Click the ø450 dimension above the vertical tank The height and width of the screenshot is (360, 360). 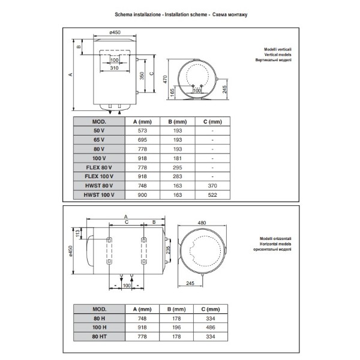(x=115, y=32)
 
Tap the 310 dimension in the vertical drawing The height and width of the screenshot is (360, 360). (x=114, y=68)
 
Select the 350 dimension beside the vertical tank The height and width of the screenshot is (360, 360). (x=142, y=76)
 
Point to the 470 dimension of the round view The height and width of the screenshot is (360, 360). (x=165, y=79)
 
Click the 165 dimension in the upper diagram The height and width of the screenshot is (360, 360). (x=172, y=92)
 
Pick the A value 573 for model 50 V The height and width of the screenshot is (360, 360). (x=142, y=131)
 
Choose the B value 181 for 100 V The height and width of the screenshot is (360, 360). (x=178, y=158)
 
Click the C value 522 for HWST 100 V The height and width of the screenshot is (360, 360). (x=212, y=195)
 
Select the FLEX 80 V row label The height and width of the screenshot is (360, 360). (x=99, y=167)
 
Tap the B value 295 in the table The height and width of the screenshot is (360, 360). (x=178, y=167)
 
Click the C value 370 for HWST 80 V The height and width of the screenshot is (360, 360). (x=212, y=186)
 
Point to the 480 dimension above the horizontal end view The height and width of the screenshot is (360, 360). (x=202, y=223)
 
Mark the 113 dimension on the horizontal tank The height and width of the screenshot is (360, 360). (x=77, y=233)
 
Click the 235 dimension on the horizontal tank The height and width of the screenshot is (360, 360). (x=168, y=250)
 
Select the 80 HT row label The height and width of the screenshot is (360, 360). (x=100, y=337)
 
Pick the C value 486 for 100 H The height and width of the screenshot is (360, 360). (x=211, y=328)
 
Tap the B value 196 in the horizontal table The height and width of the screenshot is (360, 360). (x=176, y=328)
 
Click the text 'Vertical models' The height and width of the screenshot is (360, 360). (x=278, y=55)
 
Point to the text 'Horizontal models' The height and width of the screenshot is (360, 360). (x=275, y=244)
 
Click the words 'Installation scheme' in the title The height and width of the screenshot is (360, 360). (x=186, y=14)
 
